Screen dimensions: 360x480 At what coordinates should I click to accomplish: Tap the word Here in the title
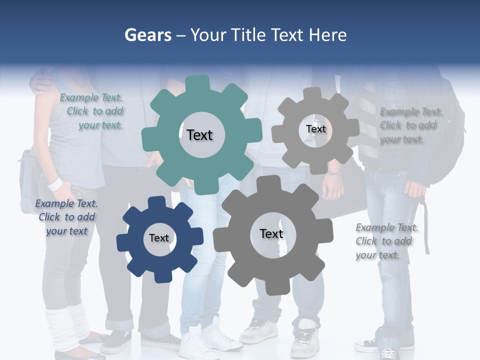(327, 35)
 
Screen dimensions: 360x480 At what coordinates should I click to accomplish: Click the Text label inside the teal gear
(199, 135)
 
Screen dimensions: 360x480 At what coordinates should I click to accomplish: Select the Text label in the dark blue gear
(159, 238)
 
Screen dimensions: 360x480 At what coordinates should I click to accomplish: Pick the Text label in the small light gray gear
(315, 129)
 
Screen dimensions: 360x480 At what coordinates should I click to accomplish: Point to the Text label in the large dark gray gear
(271, 233)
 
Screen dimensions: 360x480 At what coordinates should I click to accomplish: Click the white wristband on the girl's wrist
(55, 184)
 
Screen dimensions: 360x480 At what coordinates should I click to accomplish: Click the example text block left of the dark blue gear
(66, 217)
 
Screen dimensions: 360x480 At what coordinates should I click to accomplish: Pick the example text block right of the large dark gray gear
(386, 241)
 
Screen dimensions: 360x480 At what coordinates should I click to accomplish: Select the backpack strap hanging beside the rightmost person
(426, 225)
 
